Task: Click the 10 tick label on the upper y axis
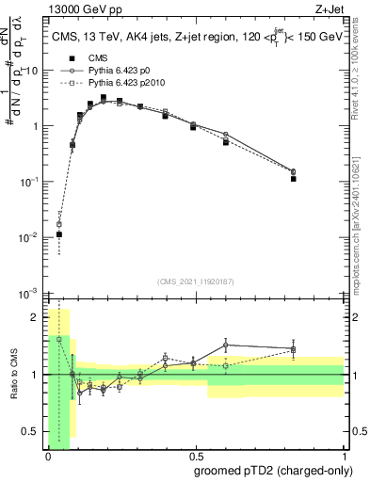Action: tap(33, 71)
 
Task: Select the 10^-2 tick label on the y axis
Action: tap(30, 237)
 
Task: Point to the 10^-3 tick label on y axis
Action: tap(30, 293)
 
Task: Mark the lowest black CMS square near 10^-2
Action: tap(59, 234)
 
